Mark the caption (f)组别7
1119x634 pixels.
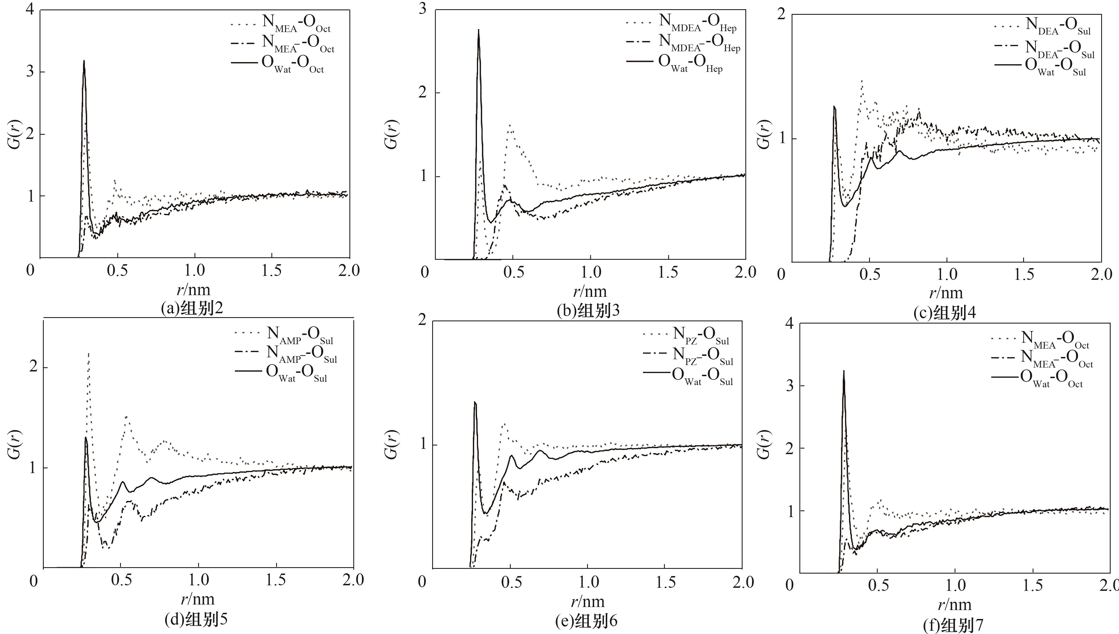point(953,625)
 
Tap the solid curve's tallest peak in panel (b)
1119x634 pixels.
point(478,30)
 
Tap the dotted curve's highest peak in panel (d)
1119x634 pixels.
point(89,354)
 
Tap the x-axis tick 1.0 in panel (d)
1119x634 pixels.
point(199,580)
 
